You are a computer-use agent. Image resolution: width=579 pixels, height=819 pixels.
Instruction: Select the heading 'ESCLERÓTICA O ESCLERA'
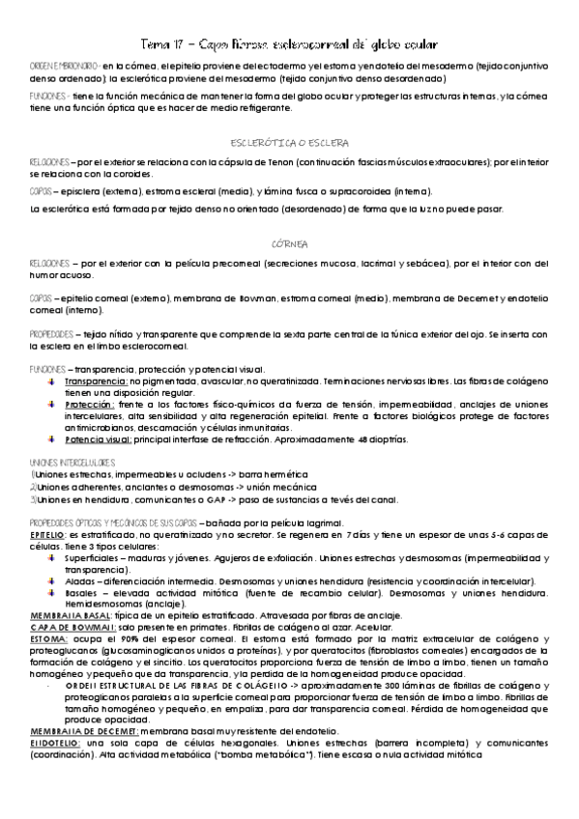click(290, 141)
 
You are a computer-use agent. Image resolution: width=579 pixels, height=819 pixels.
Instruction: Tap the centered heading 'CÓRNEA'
click(290, 243)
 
